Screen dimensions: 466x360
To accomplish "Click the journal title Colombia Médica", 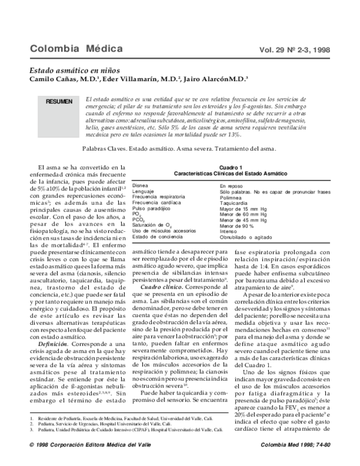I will click(x=76, y=48).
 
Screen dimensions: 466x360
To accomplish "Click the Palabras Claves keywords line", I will click(x=180, y=148).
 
